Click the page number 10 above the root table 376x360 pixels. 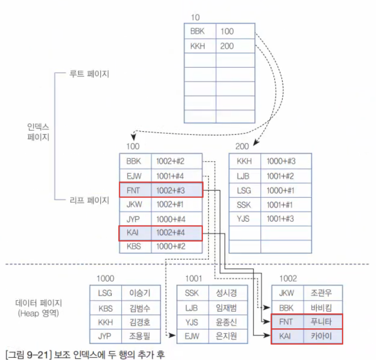tap(195, 17)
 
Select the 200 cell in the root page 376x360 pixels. tap(235, 46)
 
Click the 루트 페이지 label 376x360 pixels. tap(89, 74)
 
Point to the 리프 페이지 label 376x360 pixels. tap(89, 200)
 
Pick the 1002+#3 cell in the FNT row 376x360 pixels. tap(176, 190)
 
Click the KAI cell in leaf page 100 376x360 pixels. tap(135, 233)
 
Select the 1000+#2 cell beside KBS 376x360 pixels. tap(176, 246)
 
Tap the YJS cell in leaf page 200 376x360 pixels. tap(245, 219)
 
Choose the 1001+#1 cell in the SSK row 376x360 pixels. tap(286, 205)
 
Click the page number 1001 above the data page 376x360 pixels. tap(194, 278)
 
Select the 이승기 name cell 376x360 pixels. tap(140, 293)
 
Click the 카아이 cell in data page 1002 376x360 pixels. tap(322, 336)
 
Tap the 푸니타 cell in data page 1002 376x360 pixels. tap(322, 322)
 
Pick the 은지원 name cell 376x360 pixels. tap(227, 336)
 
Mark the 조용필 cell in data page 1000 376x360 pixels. tap(140, 336)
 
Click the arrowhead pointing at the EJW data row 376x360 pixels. tap(173, 336)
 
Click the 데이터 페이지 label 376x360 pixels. tap(39, 303)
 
